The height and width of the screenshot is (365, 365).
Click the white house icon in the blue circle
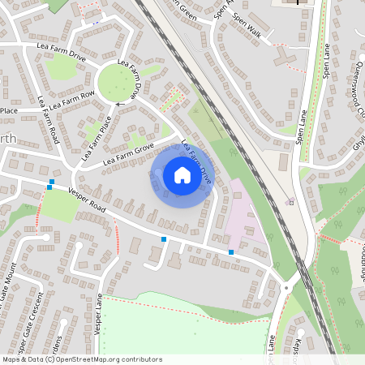pyautogui.click(x=182, y=175)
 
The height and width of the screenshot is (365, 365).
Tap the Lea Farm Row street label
pyautogui.click(x=72, y=100)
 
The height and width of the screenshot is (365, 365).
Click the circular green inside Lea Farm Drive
pyautogui.click(x=118, y=81)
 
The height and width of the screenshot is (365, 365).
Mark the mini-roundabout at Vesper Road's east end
pyautogui.click(x=288, y=286)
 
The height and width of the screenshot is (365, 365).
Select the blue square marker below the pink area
pyautogui.click(x=231, y=252)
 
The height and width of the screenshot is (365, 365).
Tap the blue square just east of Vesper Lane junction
pyautogui.click(x=164, y=239)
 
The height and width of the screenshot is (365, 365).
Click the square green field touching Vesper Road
pyautogui.click(x=58, y=206)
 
